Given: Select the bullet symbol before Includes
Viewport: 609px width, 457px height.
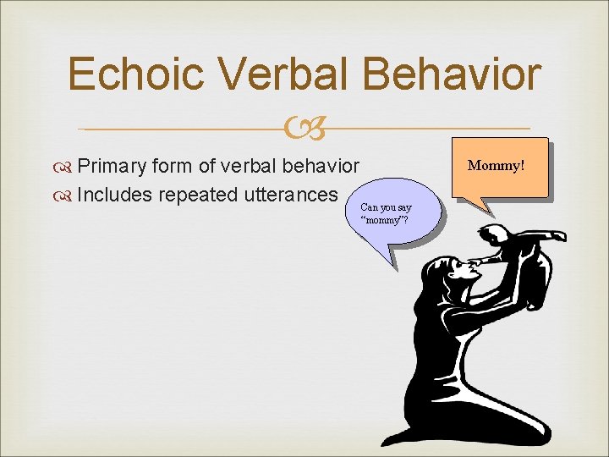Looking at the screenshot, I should pyautogui.click(x=65, y=195).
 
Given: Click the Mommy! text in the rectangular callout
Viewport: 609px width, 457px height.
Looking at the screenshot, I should pyautogui.click(x=497, y=164).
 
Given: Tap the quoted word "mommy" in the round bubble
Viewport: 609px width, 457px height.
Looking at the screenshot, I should pyautogui.click(x=385, y=220).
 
